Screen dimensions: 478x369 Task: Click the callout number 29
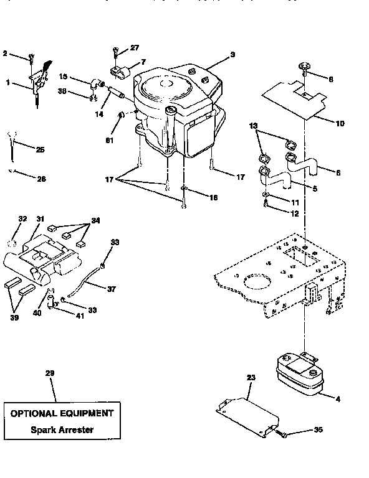pos(50,373)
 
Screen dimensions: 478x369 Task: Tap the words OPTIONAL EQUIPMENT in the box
pos(60,413)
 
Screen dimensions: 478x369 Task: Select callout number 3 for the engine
pos(232,55)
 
